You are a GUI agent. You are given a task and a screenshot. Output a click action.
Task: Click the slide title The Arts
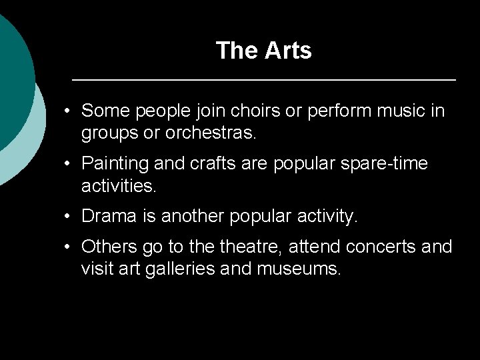(263, 51)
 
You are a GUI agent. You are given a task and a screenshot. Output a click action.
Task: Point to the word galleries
(199, 268)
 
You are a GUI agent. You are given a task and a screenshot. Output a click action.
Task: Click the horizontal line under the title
(263, 80)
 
